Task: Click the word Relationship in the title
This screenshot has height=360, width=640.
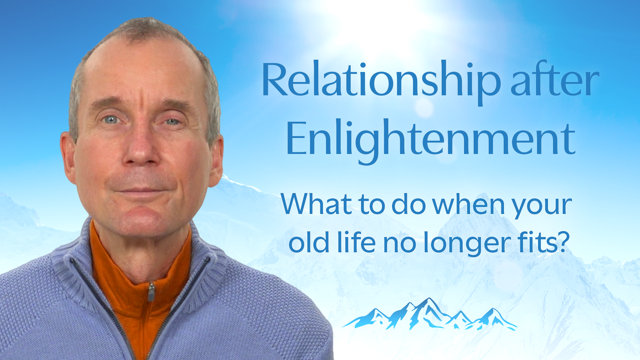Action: coord(381,82)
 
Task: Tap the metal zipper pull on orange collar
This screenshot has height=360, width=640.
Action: coord(151,292)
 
